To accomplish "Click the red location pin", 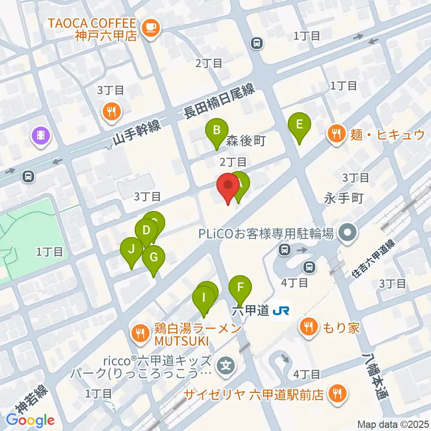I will click(x=228, y=186).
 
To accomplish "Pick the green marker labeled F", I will click(x=240, y=287).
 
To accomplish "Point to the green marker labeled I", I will click(x=204, y=298).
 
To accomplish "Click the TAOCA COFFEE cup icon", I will click(x=149, y=28).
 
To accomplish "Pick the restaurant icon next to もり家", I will click(x=308, y=326).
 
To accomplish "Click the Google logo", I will click(x=30, y=420).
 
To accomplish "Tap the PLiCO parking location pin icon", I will click(x=347, y=233).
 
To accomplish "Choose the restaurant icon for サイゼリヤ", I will click(x=335, y=394).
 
